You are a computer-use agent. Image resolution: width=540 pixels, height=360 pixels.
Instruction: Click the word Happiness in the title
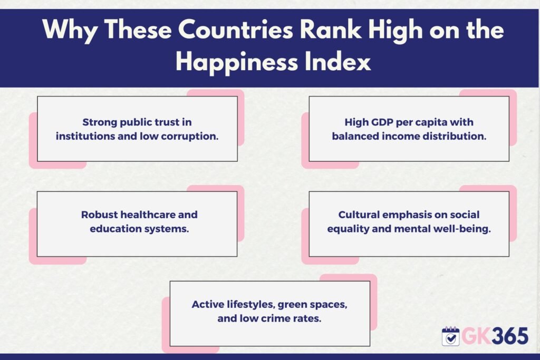[x=237, y=63]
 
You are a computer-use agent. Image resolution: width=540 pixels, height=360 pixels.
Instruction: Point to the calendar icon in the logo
[x=450, y=336]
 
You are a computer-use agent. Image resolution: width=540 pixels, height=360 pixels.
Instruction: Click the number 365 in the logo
[x=510, y=336]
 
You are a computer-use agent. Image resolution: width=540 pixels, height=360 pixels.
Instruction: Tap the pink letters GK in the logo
[x=476, y=336]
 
